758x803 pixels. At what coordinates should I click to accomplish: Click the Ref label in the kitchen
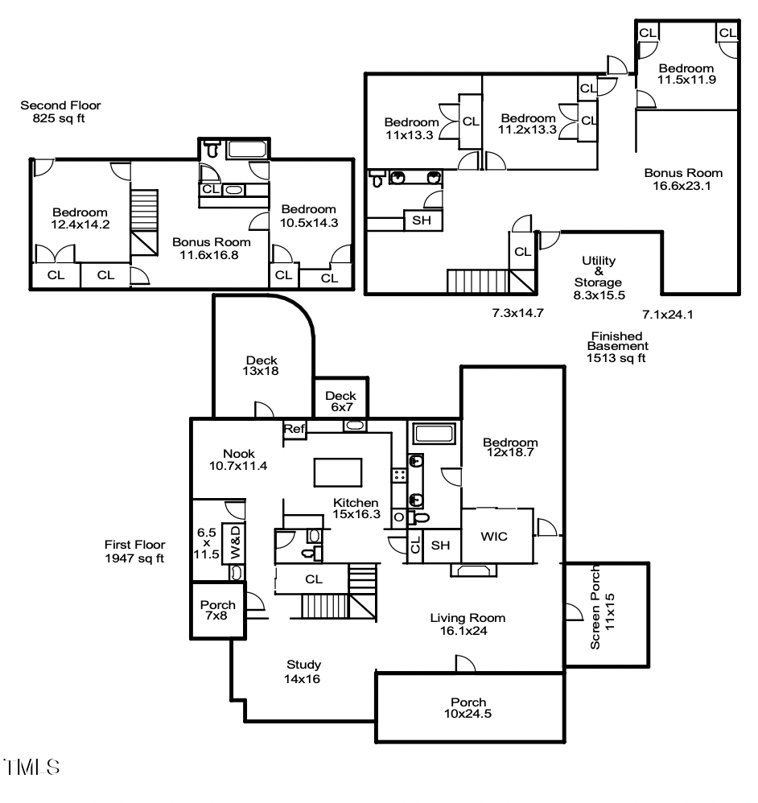295,430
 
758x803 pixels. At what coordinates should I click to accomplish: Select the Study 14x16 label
304,671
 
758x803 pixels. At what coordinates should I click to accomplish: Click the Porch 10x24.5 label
470,707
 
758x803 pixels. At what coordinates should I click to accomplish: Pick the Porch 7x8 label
217,611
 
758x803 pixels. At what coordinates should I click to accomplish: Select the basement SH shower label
421,220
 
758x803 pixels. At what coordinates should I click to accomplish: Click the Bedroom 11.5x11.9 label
686,74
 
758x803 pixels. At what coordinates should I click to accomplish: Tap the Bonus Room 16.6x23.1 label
682,179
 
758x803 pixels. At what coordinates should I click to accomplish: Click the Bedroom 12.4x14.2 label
80,217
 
